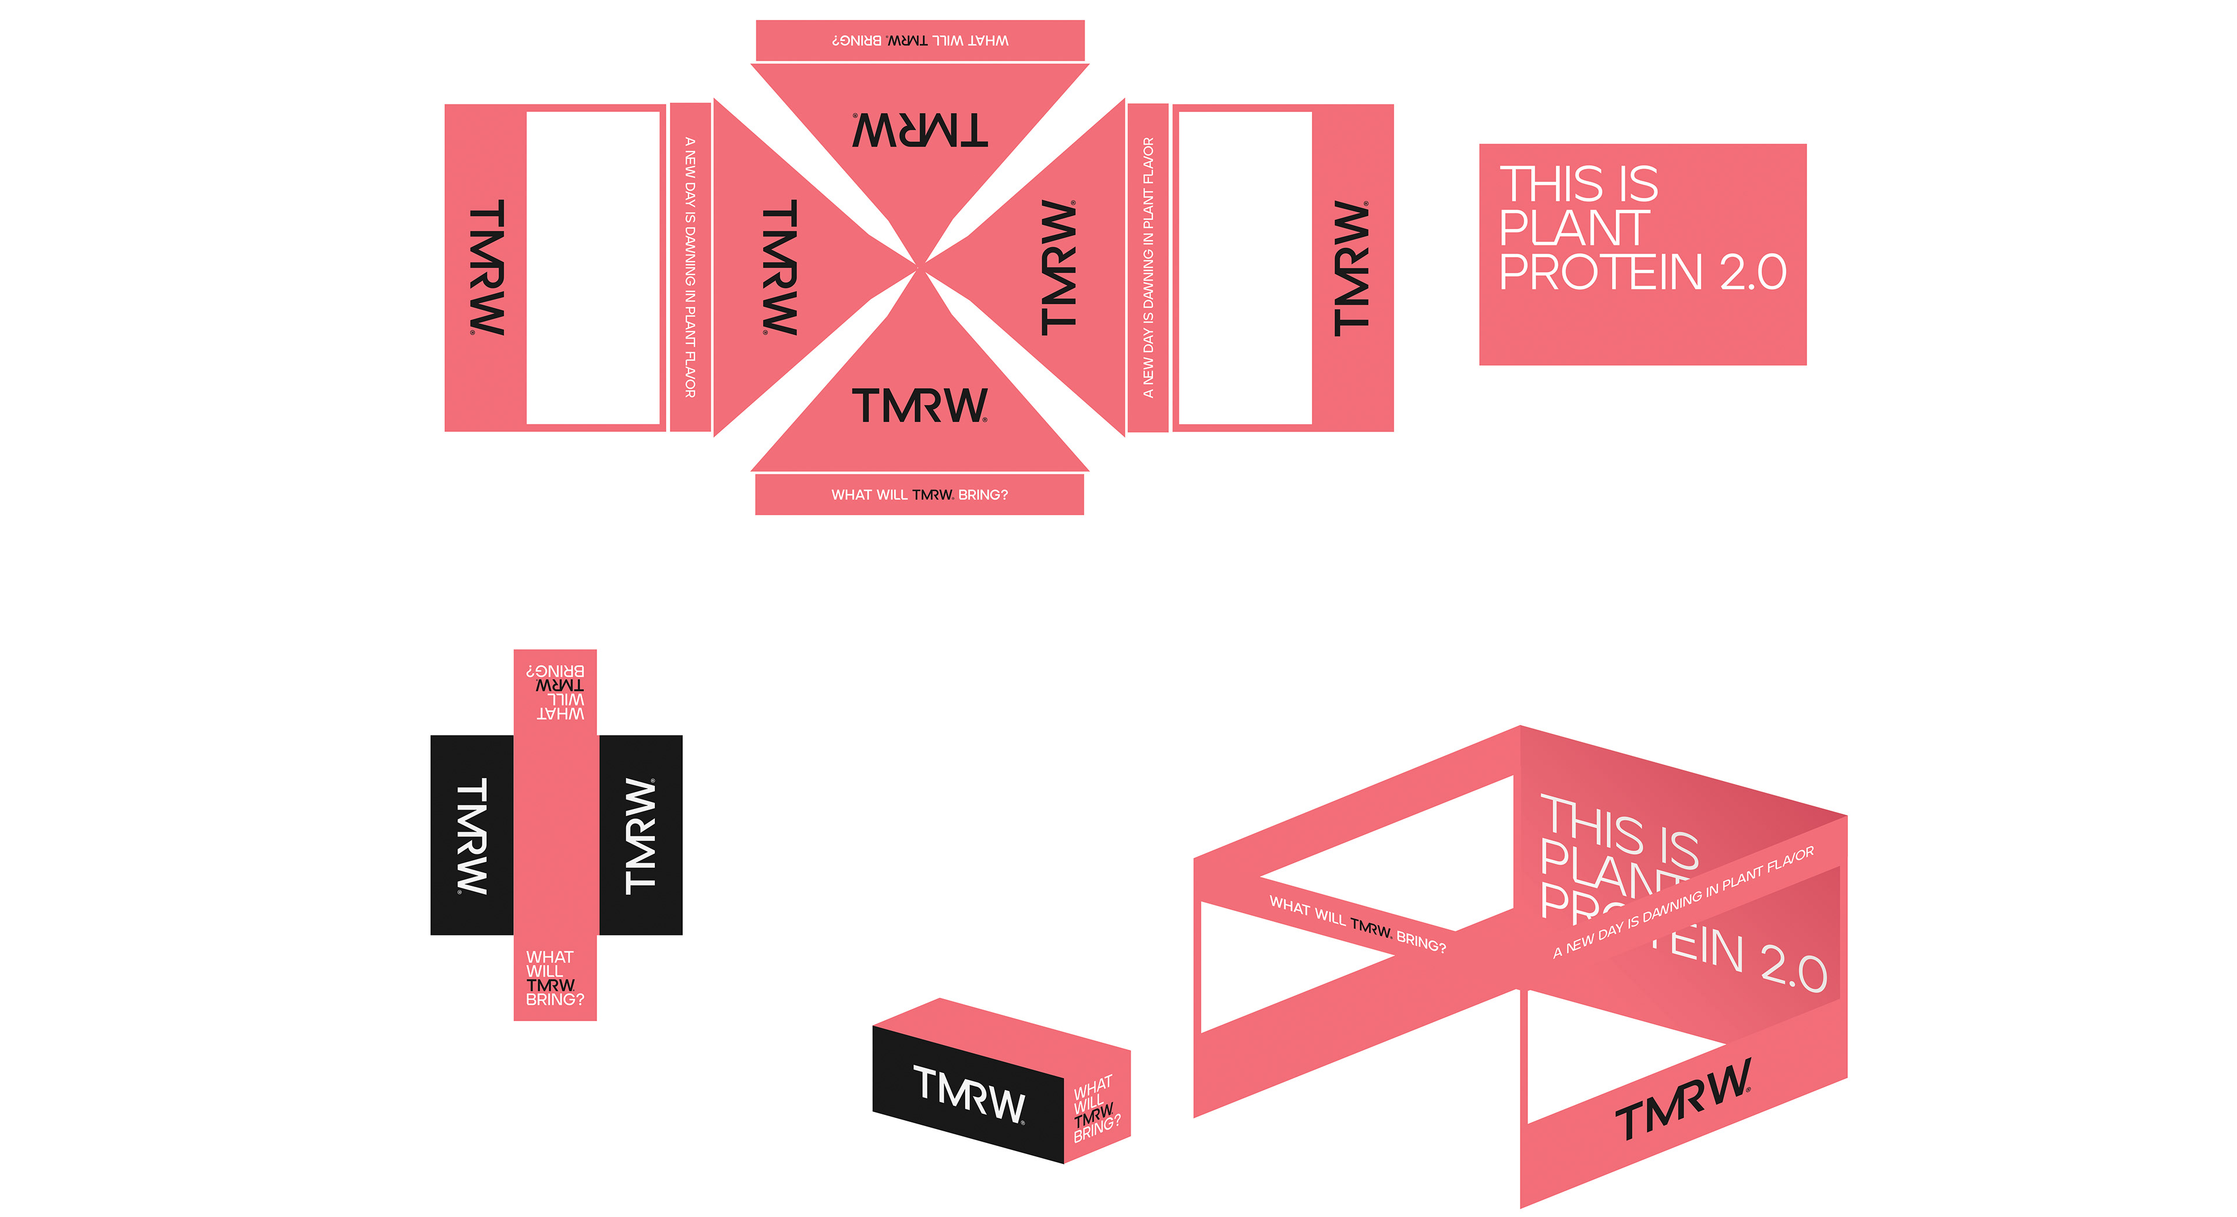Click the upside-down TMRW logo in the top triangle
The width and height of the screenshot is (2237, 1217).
tap(920, 131)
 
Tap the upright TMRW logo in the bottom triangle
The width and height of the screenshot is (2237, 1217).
tap(920, 406)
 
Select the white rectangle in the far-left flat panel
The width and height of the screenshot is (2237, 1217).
tap(593, 268)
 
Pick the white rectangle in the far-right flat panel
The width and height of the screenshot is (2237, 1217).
tap(1244, 268)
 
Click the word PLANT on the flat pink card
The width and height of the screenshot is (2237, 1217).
tap(1573, 228)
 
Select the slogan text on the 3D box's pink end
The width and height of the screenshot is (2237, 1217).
tap(1096, 1109)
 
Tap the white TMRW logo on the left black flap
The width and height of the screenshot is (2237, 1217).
tap(471, 835)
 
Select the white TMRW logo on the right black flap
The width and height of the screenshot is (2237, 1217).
tap(640, 835)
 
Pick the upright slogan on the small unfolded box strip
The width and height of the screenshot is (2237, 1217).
tap(554, 977)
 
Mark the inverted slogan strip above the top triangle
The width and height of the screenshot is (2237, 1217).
tap(920, 41)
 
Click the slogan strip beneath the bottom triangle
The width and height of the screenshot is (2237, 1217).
tap(920, 494)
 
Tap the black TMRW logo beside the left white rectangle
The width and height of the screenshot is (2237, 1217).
tap(486, 268)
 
